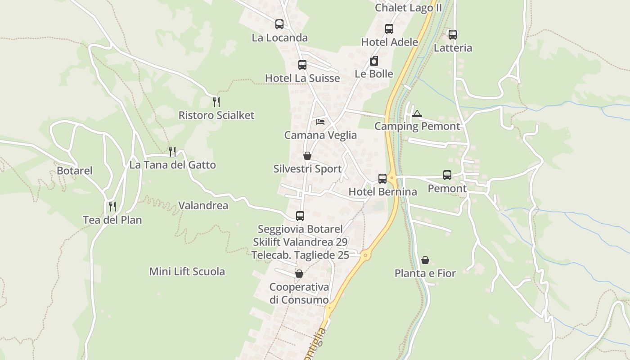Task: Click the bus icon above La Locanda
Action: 279,24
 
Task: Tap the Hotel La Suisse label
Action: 302,78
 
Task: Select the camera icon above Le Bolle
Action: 374,61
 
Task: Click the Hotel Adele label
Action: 390,42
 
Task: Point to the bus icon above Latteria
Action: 453,34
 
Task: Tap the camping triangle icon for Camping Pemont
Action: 417,113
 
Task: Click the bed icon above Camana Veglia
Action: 320,122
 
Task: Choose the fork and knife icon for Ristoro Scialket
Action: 216,102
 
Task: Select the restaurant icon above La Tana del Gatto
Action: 172,151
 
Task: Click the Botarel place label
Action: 75,171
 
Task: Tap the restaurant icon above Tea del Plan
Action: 112,207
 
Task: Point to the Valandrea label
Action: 203,206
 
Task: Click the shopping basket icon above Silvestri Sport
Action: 307,156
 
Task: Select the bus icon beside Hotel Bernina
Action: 382,179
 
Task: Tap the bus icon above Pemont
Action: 447,175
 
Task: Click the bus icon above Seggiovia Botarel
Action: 300,216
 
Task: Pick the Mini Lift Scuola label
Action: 187,272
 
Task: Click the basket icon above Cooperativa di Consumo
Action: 299,274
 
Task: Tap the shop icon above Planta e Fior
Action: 425,260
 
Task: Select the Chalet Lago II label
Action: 409,8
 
